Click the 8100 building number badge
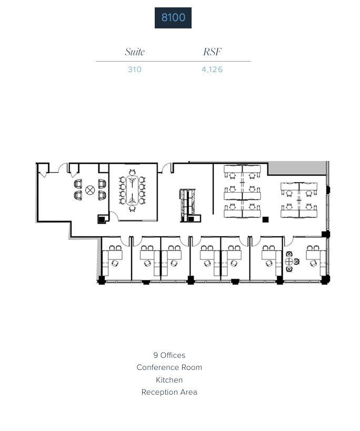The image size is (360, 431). click(173, 18)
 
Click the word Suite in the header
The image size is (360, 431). click(135, 52)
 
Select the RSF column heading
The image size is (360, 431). click(212, 52)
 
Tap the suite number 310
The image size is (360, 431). click(135, 69)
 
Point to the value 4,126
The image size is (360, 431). click(212, 69)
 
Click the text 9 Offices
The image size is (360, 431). click(169, 355)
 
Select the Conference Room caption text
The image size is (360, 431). click(169, 367)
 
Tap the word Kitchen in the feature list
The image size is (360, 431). click(169, 379)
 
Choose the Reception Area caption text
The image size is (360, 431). click(169, 392)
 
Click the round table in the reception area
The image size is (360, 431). click(90, 190)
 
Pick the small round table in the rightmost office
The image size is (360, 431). click(289, 262)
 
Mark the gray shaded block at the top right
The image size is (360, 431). click(297, 168)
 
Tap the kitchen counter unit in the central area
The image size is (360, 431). click(187, 204)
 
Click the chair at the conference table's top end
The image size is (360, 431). click(132, 173)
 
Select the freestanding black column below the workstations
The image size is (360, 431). click(265, 219)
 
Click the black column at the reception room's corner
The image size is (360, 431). click(101, 220)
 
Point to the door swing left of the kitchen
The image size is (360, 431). click(166, 168)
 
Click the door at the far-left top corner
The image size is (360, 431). click(43, 170)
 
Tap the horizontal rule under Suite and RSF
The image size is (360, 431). click(173, 62)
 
